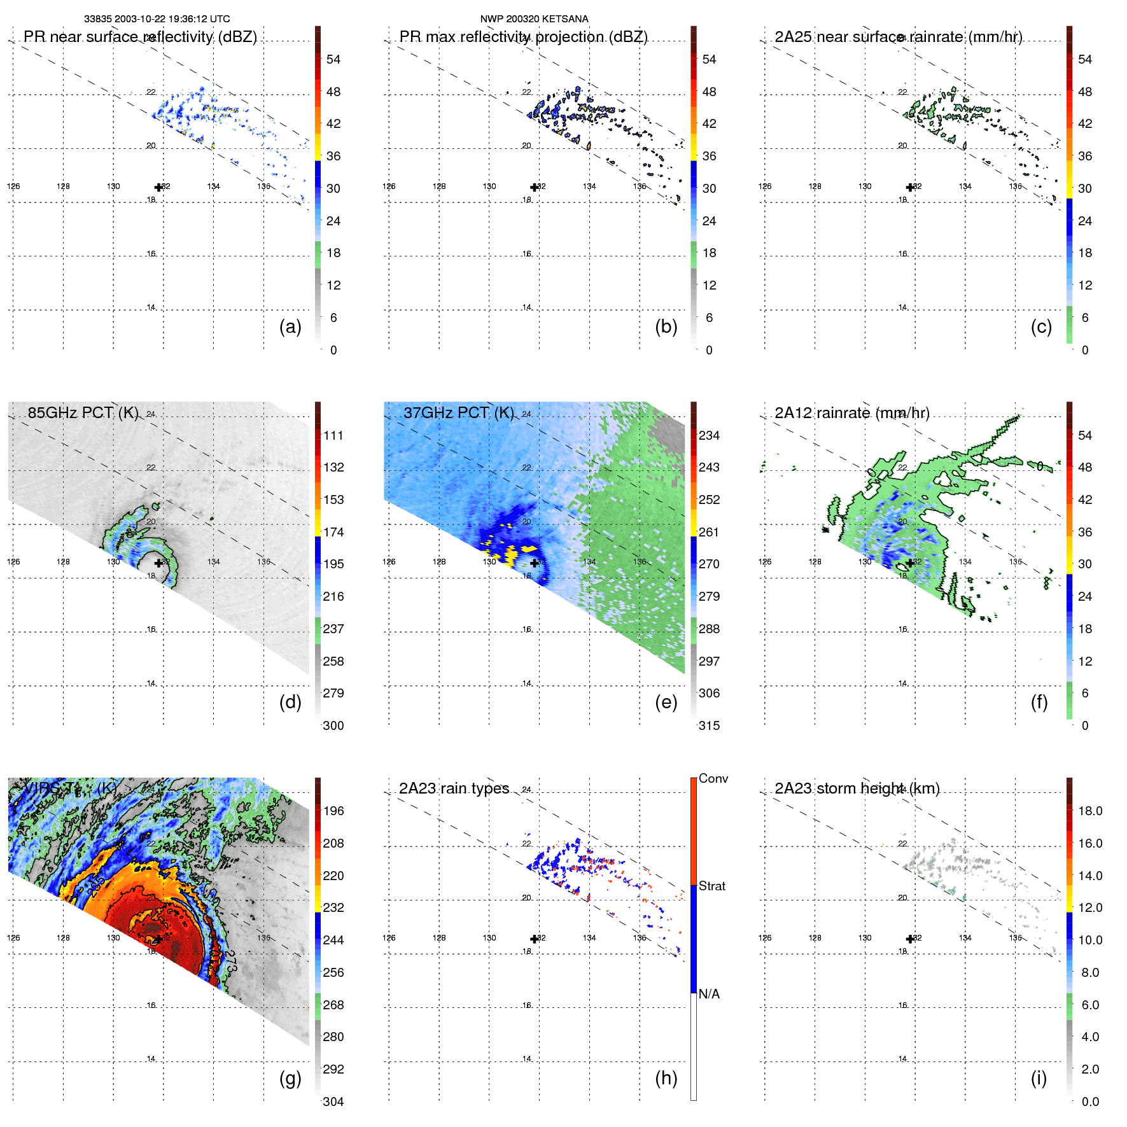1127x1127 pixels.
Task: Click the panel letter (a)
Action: coord(290,327)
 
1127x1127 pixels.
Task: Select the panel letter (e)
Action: coord(666,703)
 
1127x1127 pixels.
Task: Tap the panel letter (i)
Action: coord(1039,1079)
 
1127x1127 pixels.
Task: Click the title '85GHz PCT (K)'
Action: coord(83,413)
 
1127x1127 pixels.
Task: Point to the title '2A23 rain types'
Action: coord(454,788)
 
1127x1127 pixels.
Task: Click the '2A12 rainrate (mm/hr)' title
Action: coord(851,413)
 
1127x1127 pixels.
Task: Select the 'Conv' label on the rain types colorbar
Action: coord(713,778)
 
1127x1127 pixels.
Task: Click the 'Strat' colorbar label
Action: coord(711,886)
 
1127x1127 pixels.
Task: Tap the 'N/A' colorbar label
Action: coord(709,994)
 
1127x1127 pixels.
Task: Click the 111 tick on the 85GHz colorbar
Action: coord(333,435)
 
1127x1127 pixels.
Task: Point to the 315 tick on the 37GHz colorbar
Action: coord(709,725)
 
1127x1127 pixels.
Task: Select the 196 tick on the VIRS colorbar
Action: coord(333,811)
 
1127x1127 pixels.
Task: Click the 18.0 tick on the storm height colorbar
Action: coord(1089,811)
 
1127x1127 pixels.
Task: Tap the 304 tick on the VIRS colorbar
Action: coord(333,1102)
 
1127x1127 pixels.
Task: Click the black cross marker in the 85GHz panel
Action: coord(158,563)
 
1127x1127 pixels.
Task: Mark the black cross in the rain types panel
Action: coord(534,939)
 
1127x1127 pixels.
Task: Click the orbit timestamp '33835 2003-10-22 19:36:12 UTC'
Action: coord(157,19)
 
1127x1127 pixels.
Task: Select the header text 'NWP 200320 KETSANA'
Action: coord(534,19)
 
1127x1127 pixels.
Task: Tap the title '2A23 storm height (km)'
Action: coord(857,788)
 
